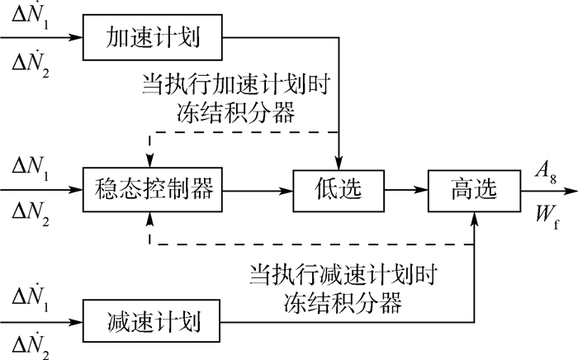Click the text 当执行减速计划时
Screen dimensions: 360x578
pyautogui.click(x=343, y=273)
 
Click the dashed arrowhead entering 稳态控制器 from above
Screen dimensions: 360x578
pyautogui.click(x=149, y=163)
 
